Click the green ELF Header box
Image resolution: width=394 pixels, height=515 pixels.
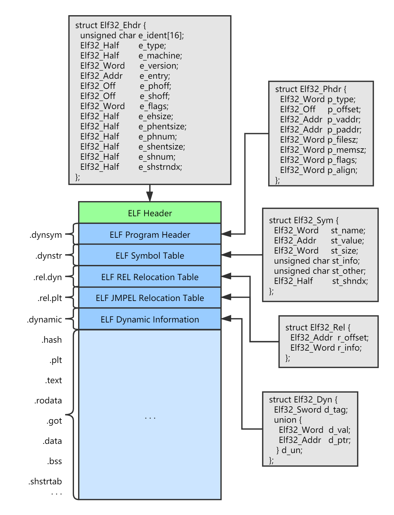click(150, 213)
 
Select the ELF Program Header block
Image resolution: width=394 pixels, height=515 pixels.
click(150, 234)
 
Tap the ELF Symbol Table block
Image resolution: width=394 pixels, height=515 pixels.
click(150, 255)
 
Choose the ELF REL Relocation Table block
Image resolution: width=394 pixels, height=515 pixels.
click(150, 277)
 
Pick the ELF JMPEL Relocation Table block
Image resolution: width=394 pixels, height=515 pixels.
click(150, 298)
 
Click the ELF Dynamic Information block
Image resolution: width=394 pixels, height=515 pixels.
click(150, 319)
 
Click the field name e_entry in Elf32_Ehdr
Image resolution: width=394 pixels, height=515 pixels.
click(155, 76)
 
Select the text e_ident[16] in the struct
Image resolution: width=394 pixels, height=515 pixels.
click(161, 35)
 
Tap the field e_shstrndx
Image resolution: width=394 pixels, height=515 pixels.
click(160, 167)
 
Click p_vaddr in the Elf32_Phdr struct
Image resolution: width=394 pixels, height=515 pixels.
click(344, 120)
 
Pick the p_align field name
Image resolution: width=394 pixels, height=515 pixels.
click(342, 170)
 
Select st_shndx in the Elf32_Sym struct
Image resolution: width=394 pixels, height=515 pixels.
click(350, 281)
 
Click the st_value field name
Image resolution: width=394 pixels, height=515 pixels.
click(347, 241)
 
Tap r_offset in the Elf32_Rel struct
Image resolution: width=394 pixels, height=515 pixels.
click(353, 338)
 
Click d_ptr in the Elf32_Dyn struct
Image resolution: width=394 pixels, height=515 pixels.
click(339, 440)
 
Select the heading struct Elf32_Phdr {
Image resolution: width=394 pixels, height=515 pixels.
click(311, 89)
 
